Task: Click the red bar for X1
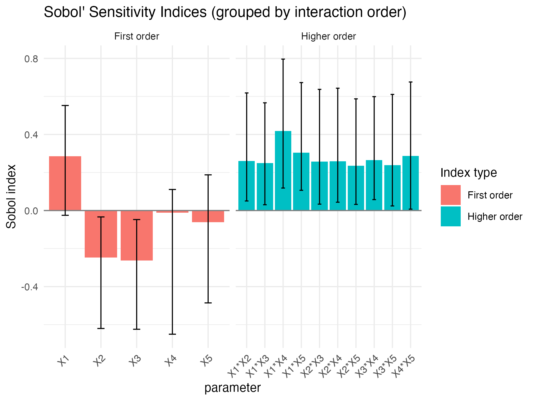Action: (x=65, y=183)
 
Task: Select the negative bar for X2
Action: (x=101, y=234)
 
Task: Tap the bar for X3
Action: (x=136, y=235)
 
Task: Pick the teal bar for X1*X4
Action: (x=283, y=170)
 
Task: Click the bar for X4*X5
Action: (x=410, y=183)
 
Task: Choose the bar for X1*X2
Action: (x=246, y=186)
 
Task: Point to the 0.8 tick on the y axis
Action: (x=31, y=59)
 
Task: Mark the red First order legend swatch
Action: (x=451, y=195)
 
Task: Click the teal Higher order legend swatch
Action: (x=451, y=217)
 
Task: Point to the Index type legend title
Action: (x=468, y=173)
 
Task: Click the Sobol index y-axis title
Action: (x=11, y=196)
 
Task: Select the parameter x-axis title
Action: (x=232, y=388)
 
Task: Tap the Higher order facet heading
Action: (x=328, y=37)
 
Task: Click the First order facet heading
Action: (x=137, y=37)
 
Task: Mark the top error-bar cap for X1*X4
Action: (x=283, y=59)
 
